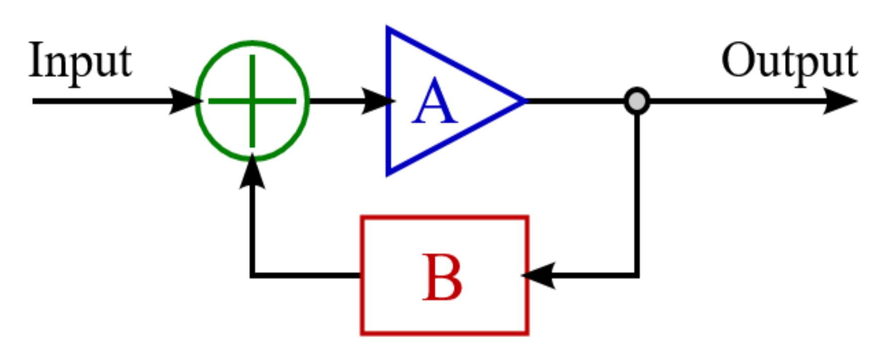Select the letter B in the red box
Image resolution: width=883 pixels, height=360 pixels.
[x=442, y=277]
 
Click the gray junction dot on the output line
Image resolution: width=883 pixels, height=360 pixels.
[x=637, y=101]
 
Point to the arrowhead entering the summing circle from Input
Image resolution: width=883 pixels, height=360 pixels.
[x=185, y=101]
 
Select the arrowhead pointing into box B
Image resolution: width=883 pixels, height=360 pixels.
[x=538, y=276]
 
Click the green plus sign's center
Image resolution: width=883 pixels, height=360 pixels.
[x=252, y=101]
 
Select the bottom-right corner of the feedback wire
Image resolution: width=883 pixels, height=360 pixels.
[x=637, y=276]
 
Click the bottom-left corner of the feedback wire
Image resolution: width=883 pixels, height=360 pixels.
[x=252, y=276]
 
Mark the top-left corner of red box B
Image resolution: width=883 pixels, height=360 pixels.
[x=362, y=217]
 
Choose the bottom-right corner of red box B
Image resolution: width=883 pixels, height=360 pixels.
[x=528, y=333]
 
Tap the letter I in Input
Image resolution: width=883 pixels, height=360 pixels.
[x=36, y=60]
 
